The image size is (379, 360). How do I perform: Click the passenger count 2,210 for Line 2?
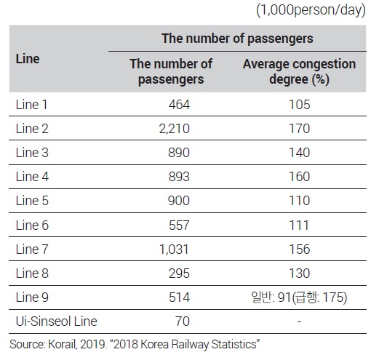[174, 129]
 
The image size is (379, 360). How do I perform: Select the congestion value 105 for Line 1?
[300, 105]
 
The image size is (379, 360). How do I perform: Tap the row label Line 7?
[32, 249]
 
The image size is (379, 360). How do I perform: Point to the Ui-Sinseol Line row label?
[56, 321]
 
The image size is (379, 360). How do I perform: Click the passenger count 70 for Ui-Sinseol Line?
[183, 321]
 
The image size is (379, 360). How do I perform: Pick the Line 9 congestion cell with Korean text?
[299, 297]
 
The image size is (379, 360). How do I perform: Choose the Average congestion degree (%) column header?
[299, 71]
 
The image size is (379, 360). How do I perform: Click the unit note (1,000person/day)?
[311, 10]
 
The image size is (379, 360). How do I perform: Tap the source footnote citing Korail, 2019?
[135, 344]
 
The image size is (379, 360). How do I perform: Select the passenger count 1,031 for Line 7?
[174, 249]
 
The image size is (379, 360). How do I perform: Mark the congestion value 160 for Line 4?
[300, 177]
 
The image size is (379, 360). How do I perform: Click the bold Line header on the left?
[28, 59]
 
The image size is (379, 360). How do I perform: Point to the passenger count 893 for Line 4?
[179, 177]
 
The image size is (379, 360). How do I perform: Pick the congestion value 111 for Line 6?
[299, 225]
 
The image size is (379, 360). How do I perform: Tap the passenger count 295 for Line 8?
[179, 273]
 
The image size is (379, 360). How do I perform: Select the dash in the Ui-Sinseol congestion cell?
[300, 321]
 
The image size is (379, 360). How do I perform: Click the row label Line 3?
[32, 153]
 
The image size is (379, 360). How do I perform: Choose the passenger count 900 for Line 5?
[179, 201]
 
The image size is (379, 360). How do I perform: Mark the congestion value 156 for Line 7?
[300, 249]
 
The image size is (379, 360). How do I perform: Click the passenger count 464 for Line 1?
[179, 105]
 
